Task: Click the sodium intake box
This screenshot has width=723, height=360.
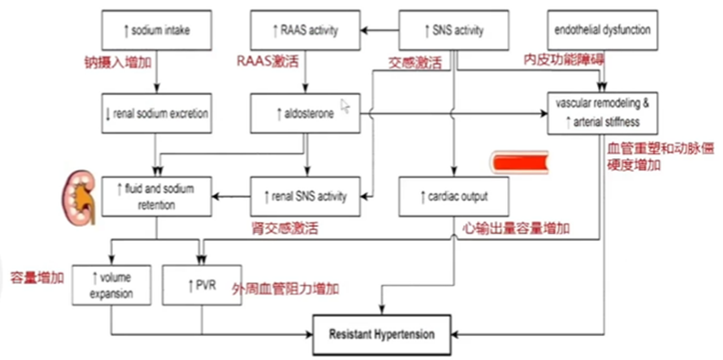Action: tap(155, 31)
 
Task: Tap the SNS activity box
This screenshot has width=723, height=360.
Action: tap(453, 31)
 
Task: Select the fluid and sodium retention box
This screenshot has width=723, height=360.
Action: tap(155, 197)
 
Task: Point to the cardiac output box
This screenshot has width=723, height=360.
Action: tap(453, 197)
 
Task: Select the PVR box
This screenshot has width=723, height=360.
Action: tap(201, 284)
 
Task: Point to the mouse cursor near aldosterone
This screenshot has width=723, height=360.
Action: tap(346, 106)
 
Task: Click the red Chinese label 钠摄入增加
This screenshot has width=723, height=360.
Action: tap(112, 60)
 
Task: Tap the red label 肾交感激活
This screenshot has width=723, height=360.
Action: tap(285, 229)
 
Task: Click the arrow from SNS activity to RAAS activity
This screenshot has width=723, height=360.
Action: tap(381, 31)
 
